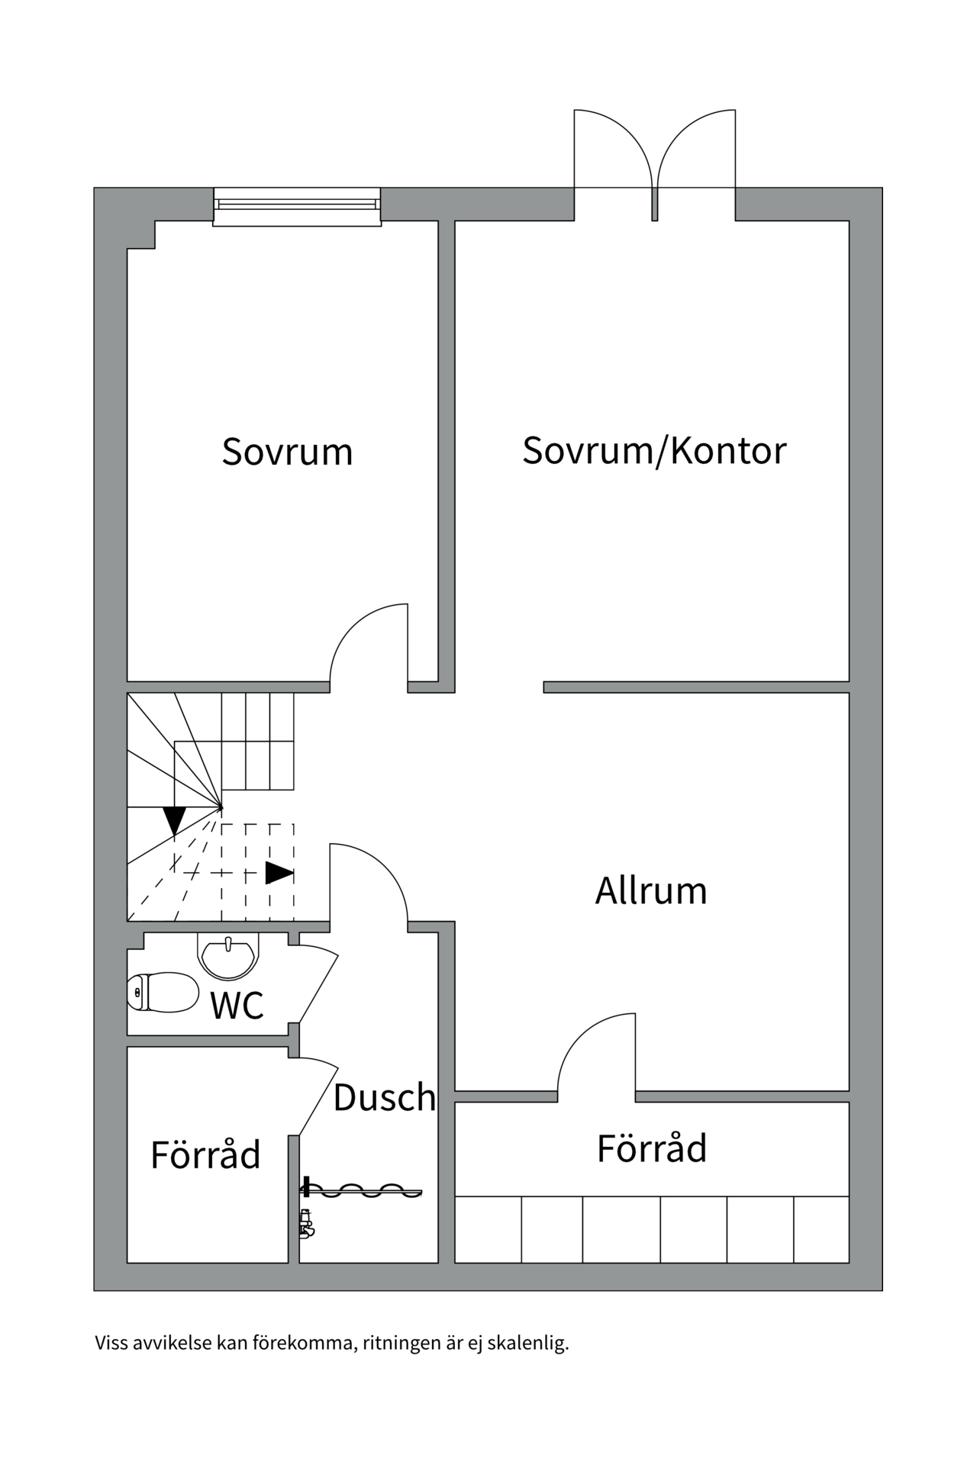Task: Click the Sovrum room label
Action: coord(287,452)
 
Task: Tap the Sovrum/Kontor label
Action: coord(654,450)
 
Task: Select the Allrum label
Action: coord(651,890)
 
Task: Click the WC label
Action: coord(237,1006)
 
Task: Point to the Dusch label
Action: coord(384,1097)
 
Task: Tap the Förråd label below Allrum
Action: coord(652,1148)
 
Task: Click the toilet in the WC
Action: coord(163,992)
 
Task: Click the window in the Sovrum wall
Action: coord(297,206)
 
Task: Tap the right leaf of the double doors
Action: coord(696,149)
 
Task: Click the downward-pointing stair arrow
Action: coord(175,820)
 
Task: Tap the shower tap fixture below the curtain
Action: coord(307,1223)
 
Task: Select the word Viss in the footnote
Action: coord(111,1364)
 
